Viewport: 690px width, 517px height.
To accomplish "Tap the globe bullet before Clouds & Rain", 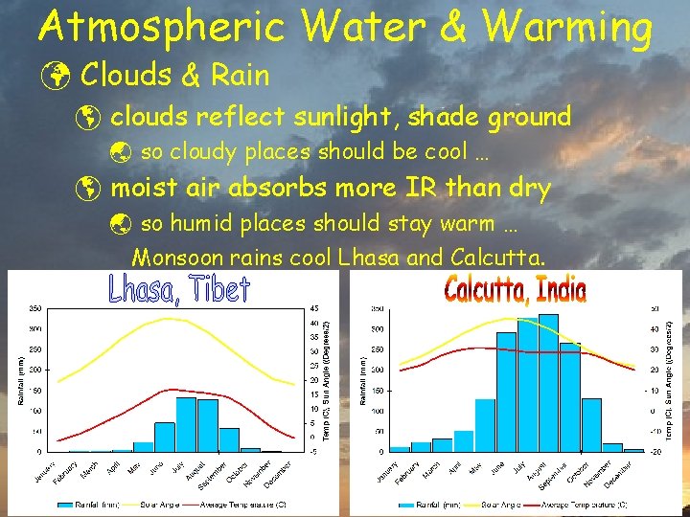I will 57,75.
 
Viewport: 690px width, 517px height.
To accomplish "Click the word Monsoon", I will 172,258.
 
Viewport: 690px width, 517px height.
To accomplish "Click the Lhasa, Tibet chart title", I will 179,289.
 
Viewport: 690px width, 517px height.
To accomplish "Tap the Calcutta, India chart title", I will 515,289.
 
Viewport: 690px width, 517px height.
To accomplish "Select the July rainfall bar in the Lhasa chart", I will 186,423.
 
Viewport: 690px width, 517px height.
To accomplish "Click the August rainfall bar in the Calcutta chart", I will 548,382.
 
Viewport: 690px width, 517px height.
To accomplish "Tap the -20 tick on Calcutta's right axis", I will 657,451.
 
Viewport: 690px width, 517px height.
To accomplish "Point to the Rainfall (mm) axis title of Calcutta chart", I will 363,379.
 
